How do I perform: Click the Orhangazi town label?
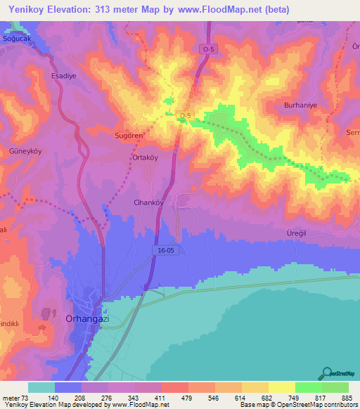86,318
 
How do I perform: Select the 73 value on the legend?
27,398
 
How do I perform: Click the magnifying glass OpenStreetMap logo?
328,373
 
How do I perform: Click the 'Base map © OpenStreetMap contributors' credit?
297,405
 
